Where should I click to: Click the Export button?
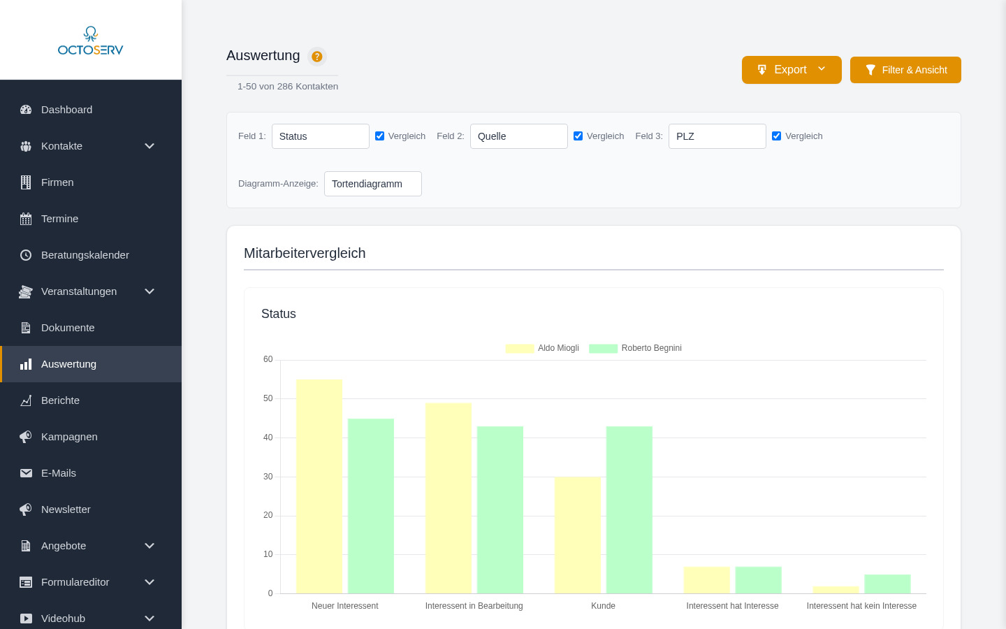[x=791, y=70]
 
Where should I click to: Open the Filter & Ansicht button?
[x=905, y=70]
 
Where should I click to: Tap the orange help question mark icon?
[x=317, y=57]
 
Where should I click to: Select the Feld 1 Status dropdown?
[x=320, y=136]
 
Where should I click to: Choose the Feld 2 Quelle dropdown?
[x=518, y=136]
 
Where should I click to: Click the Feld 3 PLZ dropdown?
[x=717, y=136]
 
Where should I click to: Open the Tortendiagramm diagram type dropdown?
[x=372, y=184]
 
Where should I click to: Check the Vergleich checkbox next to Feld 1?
[x=380, y=136]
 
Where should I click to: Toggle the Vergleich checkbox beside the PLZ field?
[x=777, y=136]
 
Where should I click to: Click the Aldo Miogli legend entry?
[x=543, y=348]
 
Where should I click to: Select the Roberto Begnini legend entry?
[x=636, y=348]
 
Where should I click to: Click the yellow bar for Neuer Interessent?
[x=319, y=486]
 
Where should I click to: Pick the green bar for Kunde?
[x=629, y=510]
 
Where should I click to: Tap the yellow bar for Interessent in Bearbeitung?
[x=448, y=498]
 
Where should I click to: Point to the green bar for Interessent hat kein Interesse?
[x=887, y=584]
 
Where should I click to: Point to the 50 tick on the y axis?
[x=268, y=398]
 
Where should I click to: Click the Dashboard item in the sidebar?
[x=66, y=110]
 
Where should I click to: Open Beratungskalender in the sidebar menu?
[x=85, y=255]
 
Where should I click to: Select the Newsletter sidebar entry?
[x=66, y=509]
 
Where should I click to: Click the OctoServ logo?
[x=91, y=41]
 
